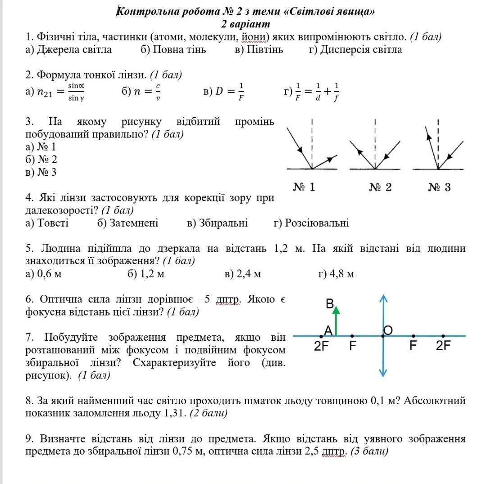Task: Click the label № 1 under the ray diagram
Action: tap(304, 187)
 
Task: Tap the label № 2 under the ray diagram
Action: tap(380, 187)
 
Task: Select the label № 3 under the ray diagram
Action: tap(439, 187)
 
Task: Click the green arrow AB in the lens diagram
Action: tap(336, 321)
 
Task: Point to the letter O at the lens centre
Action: tap(388, 330)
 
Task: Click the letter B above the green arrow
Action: tap(330, 304)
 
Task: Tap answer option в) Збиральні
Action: tap(217, 223)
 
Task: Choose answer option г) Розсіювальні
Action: tap(311, 223)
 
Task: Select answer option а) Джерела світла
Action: tap(69, 50)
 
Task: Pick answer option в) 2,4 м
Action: tap(242, 274)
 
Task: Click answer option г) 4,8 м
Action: tap(336, 274)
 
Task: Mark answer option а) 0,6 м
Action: tap(44, 274)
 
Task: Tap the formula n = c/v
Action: tap(141, 91)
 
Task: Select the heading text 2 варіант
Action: tap(246, 23)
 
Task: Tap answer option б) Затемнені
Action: tap(127, 223)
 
